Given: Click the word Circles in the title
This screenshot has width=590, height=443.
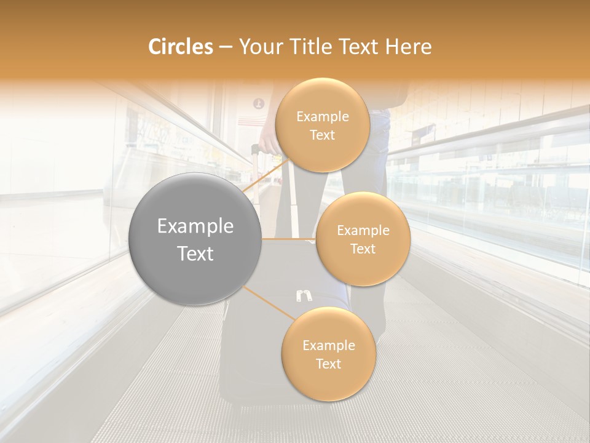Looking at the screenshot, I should point(181,47).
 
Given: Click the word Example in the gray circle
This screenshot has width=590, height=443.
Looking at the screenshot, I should point(195,226).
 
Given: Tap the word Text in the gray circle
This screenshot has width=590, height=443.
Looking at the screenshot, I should point(195,253).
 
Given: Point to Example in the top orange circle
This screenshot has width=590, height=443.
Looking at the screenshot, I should point(323,117).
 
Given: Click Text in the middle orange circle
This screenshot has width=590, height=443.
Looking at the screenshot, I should point(363,249).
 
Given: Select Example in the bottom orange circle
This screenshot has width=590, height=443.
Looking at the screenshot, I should point(328,345).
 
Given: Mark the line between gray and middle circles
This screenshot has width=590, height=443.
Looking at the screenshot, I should point(289,239).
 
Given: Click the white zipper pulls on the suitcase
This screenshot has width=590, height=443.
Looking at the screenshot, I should point(302,296).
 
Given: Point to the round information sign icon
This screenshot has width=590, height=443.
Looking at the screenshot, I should point(259,103).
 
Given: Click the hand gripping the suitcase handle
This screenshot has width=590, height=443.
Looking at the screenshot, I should point(269,142).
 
